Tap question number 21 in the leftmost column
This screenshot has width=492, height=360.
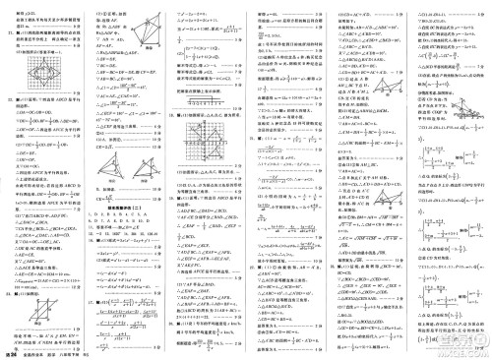coord(8,32)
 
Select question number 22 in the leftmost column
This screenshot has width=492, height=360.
coord(8,100)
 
